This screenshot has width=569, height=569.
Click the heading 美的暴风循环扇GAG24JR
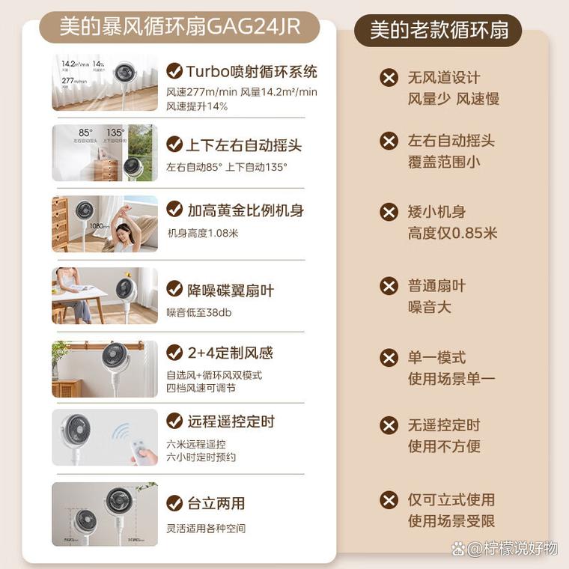pyautogui.click(x=180, y=27)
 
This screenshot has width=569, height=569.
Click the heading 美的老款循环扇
pyautogui.click(x=438, y=30)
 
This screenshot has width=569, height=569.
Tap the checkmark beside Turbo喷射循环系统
pyautogui.click(x=174, y=71)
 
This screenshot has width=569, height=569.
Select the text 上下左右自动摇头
pyautogui.click(x=236, y=144)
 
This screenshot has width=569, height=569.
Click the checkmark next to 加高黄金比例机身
pyautogui.click(x=174, y=210)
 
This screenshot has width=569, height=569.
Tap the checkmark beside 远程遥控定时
pyautogui.click(x=174, y=421)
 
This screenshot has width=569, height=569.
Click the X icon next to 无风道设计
pyautogui.click(x=389, y=77)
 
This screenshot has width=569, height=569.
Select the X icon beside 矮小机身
pyautogui.click(x=389, y=212)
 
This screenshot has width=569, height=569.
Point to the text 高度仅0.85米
pyautogui.click(x=452, y=233)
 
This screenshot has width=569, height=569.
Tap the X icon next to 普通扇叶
pyautogui.click(x=389, y=285)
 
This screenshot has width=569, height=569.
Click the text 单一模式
pyautogui.click(x=436, y=357)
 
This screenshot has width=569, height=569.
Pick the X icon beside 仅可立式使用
pyautogui.click(x=389, y=499)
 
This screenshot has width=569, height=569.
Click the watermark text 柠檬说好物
pyautogui.click(x=520, y=548)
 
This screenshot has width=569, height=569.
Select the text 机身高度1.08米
pyautogui.click(x=202, y=233)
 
